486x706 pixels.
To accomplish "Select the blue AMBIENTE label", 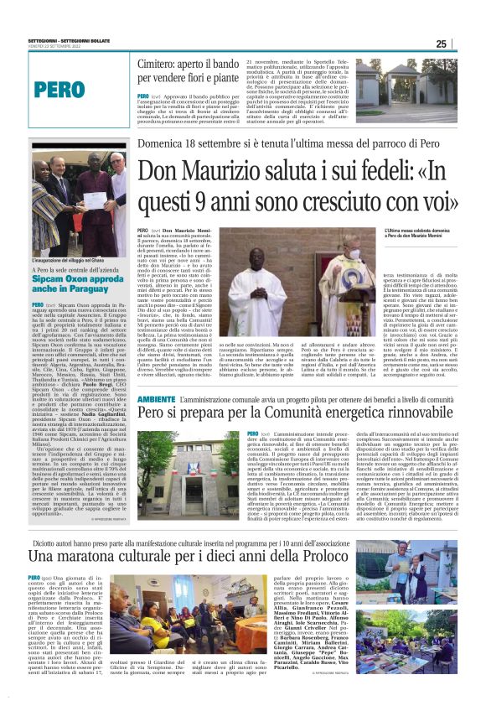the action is point(156,401).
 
